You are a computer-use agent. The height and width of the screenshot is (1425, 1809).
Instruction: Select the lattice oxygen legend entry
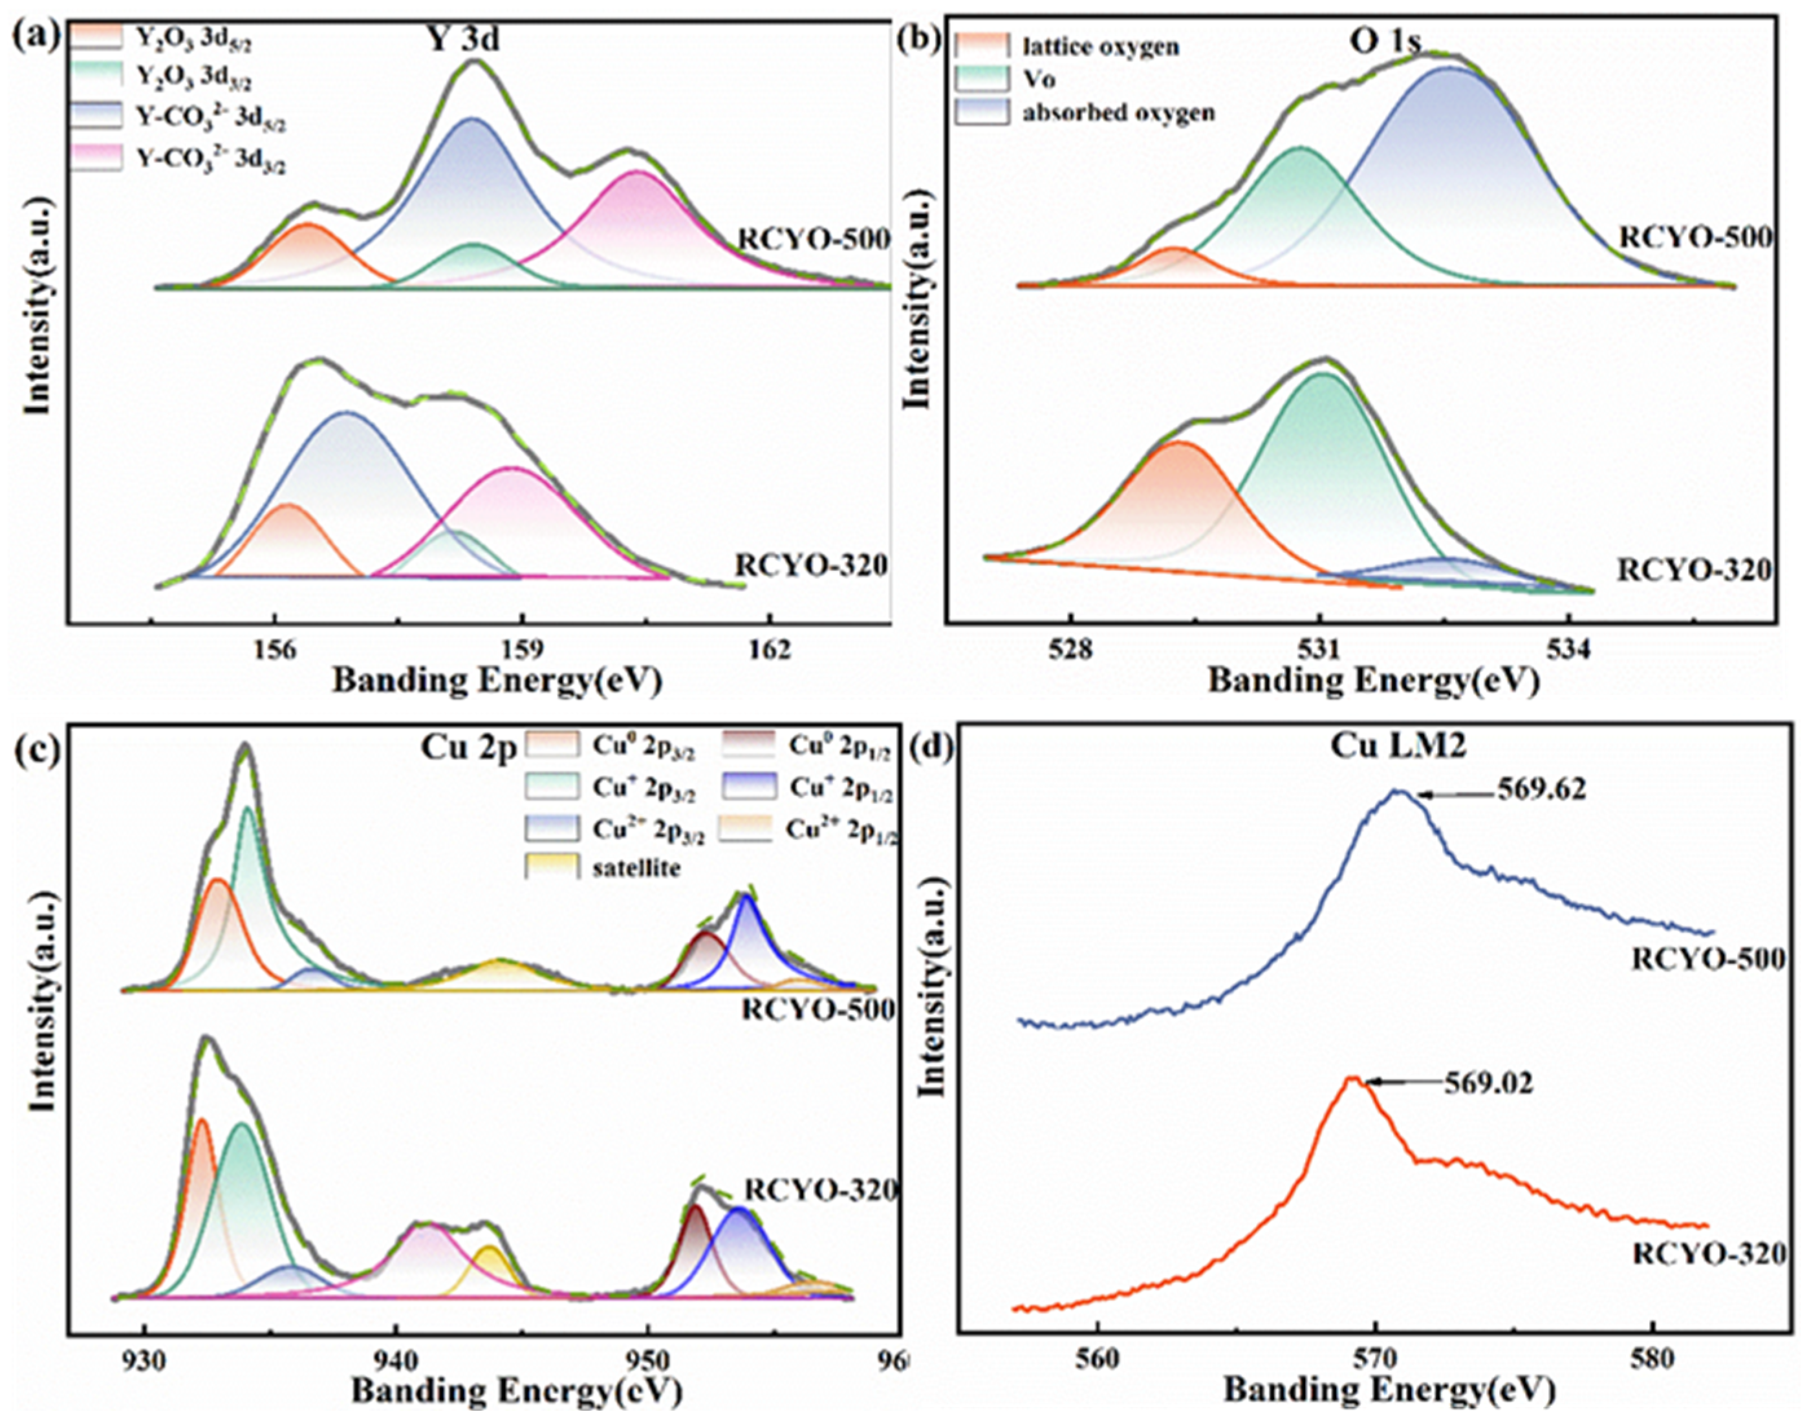tap(1099, 47)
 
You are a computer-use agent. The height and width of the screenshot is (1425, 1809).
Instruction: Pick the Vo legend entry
tap(1038, 80)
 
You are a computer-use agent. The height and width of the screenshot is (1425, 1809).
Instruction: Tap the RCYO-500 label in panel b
tap(1695, 238)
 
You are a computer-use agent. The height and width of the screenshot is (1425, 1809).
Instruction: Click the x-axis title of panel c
tap(515, 1391)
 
